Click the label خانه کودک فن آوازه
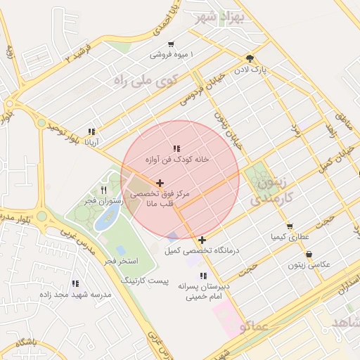[x=177, y=160]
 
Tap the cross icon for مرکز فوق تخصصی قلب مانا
[x=160, y=183]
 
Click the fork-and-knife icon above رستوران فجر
[x=104, y=190]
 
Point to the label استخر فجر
[x=121, y=262]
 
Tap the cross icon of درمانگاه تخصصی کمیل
[x=202, y=240]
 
